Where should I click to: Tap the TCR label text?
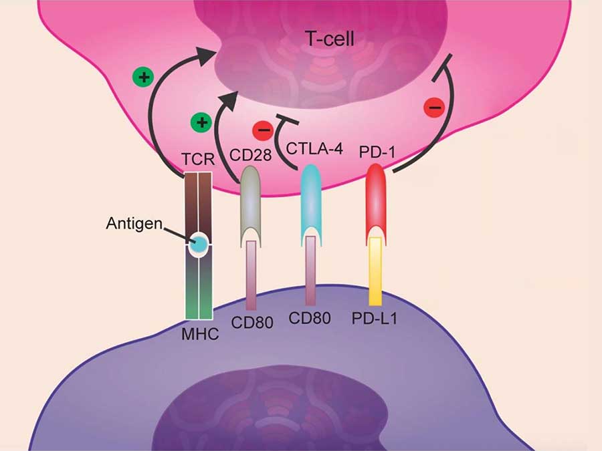coord(198,161)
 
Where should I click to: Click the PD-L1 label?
coord(375,319)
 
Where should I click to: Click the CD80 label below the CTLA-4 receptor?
coord(310,319)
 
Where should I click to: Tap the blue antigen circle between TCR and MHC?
coord(198,245)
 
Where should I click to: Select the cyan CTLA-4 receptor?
coord(310,200)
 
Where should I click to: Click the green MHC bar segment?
coord(199,297)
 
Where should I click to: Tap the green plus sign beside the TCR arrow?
coord(142,78)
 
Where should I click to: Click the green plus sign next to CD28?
coord(201,124)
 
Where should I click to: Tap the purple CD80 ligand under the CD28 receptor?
coord(252,274)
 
